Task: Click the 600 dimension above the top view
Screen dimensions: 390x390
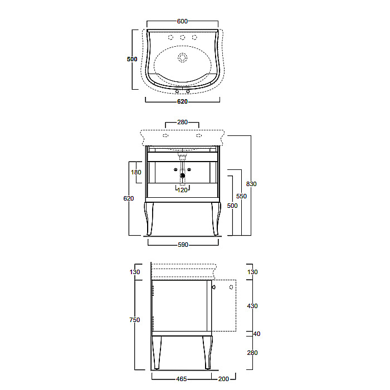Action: pyautogui.click(x=182, y=21)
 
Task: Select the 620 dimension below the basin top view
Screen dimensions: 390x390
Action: pyautogui.click(x=182, y=101)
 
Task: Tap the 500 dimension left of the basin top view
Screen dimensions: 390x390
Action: pyautogui.click(x=132, y=59)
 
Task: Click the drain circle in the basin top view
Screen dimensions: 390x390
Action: pyautogui.click(x=183, y=57)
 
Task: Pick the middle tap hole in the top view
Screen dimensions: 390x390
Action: pyautogui.click(x=183, y=37)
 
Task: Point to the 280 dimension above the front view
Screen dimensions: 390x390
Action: pyautogui.click(x=182, y=122)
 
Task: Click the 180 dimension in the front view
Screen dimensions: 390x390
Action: pyautogui.click(x=136, y=172)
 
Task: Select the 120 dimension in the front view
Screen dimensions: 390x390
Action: pyautogui.click(x=182, y=190)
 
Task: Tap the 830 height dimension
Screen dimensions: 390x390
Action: pyautogui.click(x=251, y=184)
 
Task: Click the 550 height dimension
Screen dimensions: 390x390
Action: pyautogui.click(x=241, y=196)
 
